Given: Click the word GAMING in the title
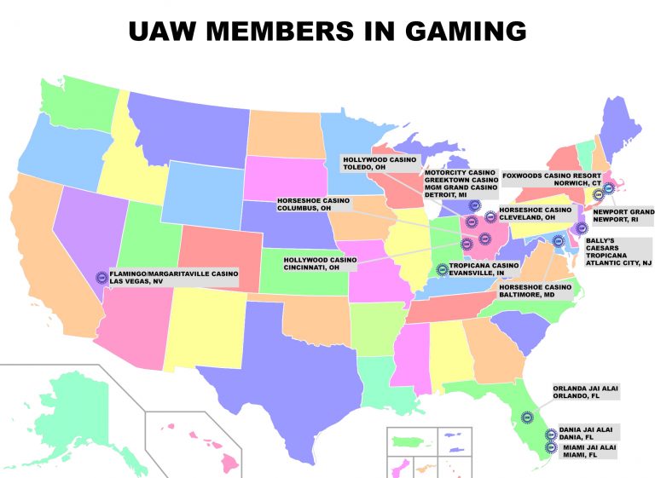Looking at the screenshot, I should (449, 31).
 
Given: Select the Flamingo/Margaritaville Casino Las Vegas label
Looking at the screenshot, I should (175, 278).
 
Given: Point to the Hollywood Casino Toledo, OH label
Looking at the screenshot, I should (376, 163).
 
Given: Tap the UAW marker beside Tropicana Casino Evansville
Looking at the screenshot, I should (442, 270).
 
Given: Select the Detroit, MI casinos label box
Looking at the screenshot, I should (461, 184).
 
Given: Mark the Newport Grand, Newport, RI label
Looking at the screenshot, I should (623, 214).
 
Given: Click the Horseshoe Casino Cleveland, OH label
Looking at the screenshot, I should (535, 213).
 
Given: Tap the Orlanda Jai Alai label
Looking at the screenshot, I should (586, 391).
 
